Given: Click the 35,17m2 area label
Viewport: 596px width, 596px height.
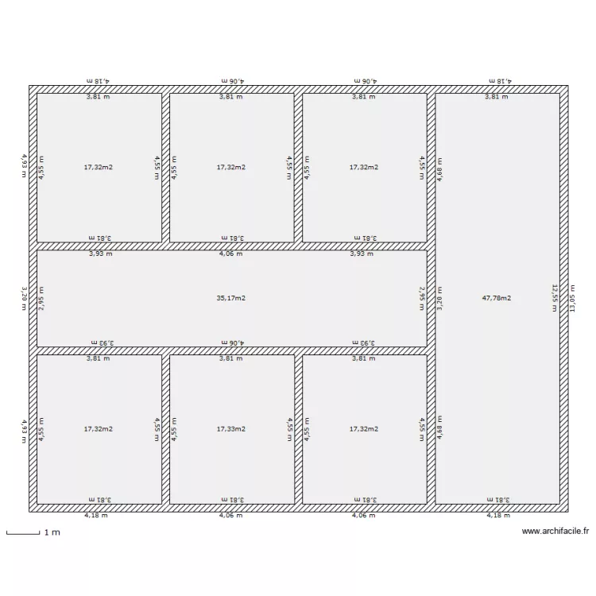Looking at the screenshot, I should click(230, 298).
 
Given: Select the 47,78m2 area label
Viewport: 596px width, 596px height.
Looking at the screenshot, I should click(497, 298).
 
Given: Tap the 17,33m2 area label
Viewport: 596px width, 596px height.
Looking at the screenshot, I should click(230, 428).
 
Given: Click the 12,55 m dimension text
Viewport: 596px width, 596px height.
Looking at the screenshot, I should click(555, 298).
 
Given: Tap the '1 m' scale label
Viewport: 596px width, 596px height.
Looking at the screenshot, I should click(52, 532).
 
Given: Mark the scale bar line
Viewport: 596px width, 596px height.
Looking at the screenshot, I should click(22, 533).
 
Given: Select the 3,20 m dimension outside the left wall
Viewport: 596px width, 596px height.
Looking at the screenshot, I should click(24, 298).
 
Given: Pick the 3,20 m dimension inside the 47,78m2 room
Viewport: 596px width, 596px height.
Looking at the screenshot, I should click(439, 298).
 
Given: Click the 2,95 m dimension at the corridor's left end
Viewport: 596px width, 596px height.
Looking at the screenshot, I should click(42, 298).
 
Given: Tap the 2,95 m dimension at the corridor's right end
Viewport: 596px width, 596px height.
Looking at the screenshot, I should click(422, 298).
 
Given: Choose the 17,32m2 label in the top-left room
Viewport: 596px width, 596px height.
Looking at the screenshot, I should click(98, 168).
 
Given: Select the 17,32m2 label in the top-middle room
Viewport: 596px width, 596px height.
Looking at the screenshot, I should click(230, 168).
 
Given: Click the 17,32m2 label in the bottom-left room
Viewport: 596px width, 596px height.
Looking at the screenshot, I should click(98, 428).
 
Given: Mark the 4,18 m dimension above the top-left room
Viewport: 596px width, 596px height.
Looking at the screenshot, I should click(98, 80).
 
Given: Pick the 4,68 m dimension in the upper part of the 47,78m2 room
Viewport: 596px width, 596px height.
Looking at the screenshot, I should click(439, 168).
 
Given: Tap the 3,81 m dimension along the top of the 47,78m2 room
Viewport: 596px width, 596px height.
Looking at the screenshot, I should click(497, 97).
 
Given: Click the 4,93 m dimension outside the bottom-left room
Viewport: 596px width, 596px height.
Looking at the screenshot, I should click(24, 428).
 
